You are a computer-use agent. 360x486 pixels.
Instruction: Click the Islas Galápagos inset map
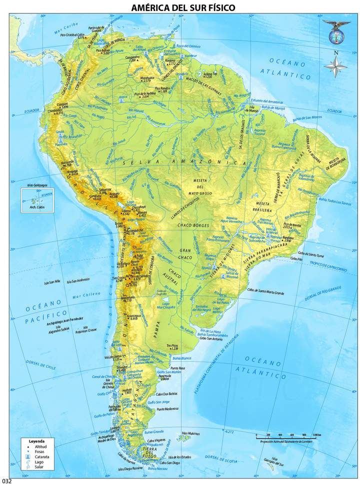(x=37, y=199)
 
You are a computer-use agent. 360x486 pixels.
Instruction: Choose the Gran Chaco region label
(x=186, y=253)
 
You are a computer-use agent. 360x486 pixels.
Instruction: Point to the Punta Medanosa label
(x=167, y=409)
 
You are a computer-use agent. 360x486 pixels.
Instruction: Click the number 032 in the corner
(x=6, y=481)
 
